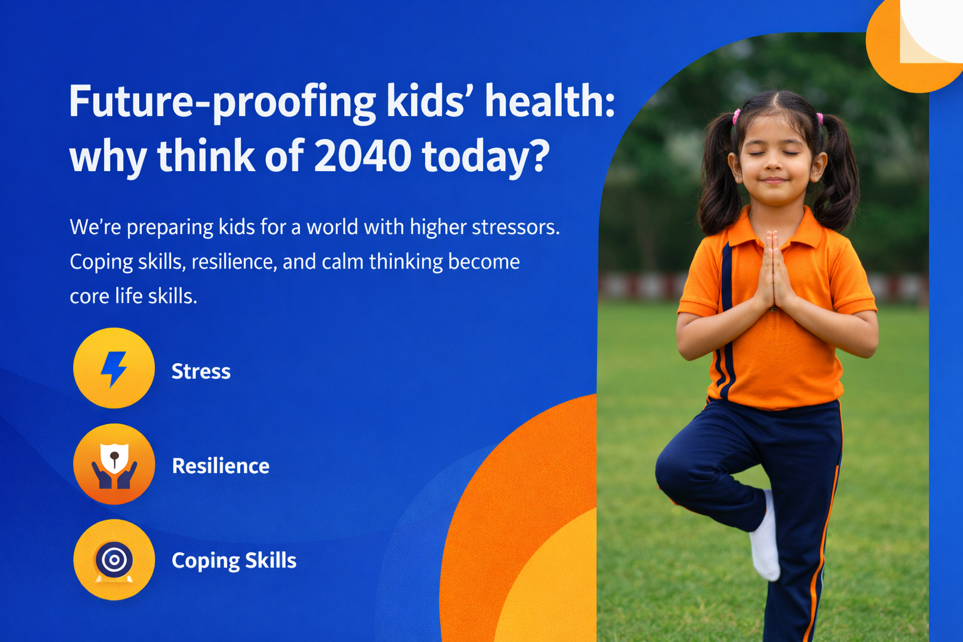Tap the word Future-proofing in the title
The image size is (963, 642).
tap(222, 102)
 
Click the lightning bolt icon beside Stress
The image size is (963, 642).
tap(113, 369)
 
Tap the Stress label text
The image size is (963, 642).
tap(201, 371)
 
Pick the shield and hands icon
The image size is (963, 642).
tap(113, 465)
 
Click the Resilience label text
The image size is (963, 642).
tap(220, 466)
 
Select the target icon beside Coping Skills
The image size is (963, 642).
tap(113, 559)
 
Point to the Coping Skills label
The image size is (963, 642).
tap(233, 560)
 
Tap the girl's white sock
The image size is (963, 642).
tap(765, 539)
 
